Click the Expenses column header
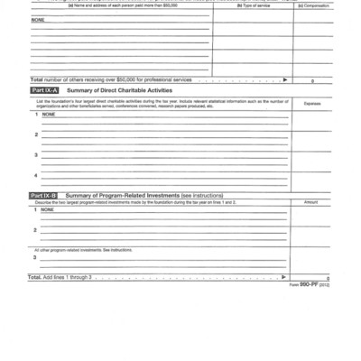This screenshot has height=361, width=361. point(312,104)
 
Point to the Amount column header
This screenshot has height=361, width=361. point(312,203)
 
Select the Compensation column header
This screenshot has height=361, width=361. point(313,5)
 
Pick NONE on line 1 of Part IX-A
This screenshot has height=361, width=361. point(48,115)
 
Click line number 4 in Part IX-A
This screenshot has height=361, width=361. point(36,175)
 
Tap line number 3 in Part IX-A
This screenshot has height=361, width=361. point(36,155)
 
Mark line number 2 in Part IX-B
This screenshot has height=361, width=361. point(36,230)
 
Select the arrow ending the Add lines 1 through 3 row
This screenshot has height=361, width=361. point(285,276)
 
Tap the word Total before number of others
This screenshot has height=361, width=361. point(36,80)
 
